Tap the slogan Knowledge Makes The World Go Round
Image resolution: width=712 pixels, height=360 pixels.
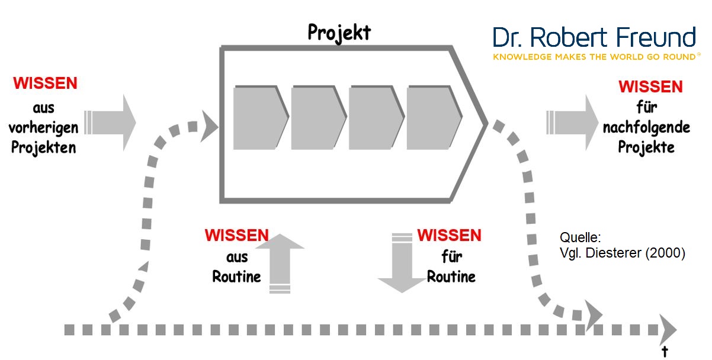point(594,57)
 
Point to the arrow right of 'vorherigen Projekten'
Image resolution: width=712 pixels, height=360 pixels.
point(111,122)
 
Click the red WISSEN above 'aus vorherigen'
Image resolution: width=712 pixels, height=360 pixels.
point(45,83)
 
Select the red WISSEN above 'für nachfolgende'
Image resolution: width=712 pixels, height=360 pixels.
point(650,86)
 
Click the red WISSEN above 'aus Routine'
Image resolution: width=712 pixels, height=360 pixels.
point(237,235)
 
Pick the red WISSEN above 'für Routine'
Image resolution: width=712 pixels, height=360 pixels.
point(449,235)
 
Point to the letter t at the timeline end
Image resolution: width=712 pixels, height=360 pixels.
point(665,351)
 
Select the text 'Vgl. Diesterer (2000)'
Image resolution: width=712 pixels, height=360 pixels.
point(622,253)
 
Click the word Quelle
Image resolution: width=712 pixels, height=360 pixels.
point(580,238)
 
